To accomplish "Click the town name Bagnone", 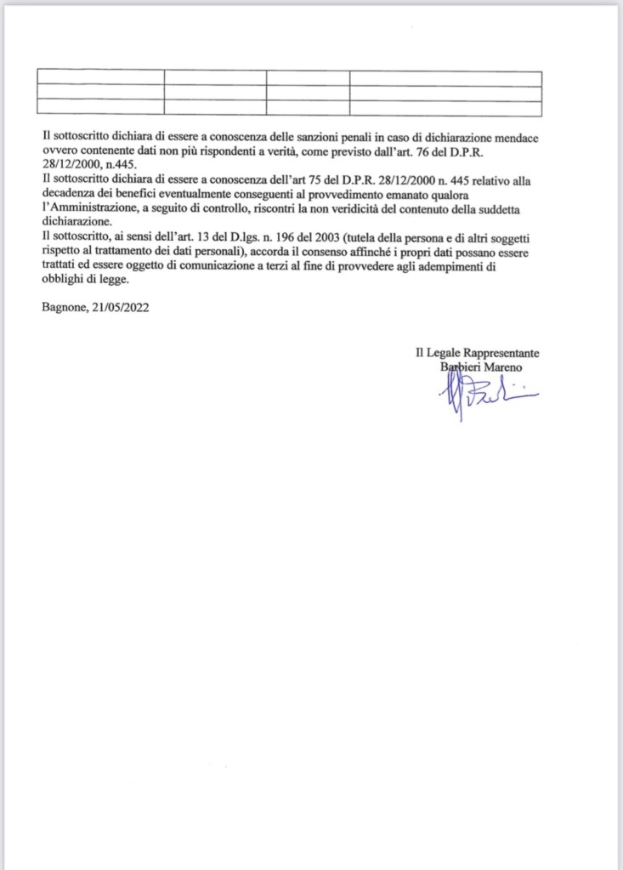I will click(x=63, y=309).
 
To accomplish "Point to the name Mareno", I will click(x=507, y=367).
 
